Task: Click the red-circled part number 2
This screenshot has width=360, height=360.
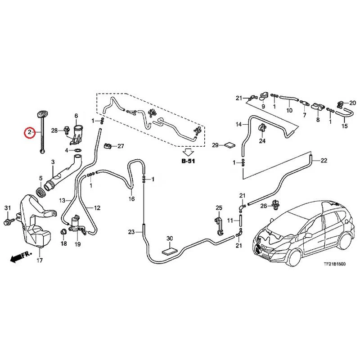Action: coord(30,132)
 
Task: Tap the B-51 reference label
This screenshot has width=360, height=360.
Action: coord(188,161)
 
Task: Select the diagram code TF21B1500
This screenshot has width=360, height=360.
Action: coord(334,264)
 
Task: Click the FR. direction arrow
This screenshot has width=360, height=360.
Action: coord(20,257)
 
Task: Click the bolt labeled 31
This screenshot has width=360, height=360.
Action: coord(8,222)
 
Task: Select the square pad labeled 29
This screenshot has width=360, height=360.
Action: coord(229,145)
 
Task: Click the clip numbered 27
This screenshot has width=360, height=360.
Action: coord(108,146)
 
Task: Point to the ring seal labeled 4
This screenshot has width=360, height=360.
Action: coord(77,150)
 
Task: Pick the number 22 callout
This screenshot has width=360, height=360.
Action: coord(324,161)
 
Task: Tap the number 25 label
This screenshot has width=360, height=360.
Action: coord(219,208)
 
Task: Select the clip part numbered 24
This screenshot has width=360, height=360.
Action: coord(262,129)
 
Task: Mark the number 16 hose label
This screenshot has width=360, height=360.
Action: coord(131,198)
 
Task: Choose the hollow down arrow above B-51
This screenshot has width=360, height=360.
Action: coord(188,152)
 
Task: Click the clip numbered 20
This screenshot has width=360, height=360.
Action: coord(340,104)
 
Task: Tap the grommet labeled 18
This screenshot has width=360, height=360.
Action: coord(63,231)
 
